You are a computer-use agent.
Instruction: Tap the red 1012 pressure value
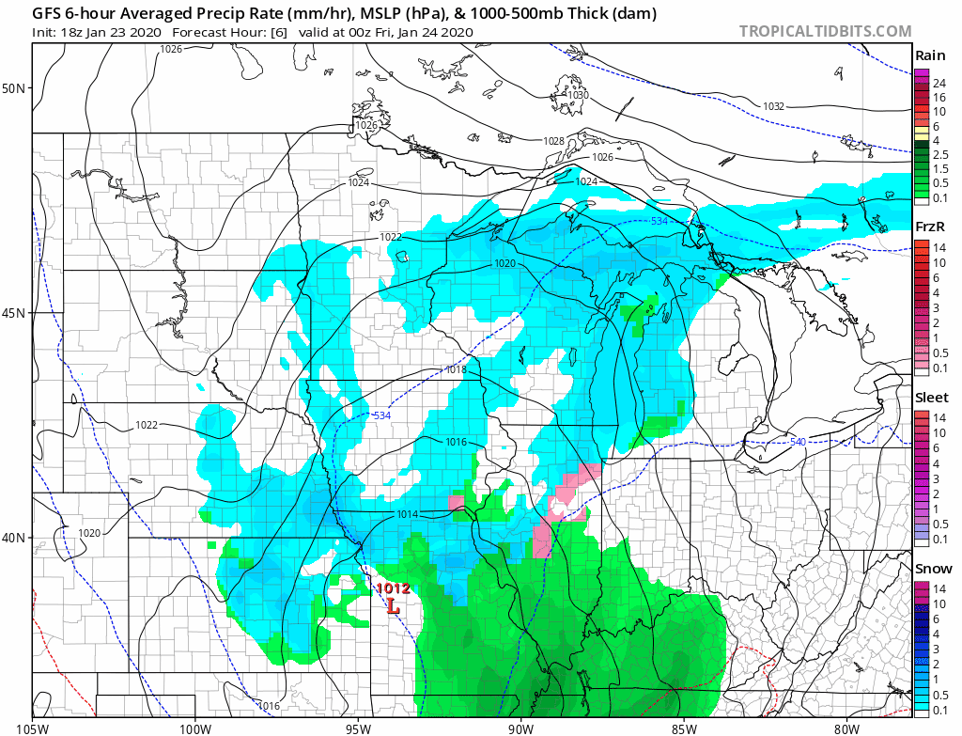[x=393, y=589]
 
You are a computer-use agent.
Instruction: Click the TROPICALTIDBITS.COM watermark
[x=825, y=31]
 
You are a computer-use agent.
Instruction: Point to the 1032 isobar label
[x=773, y=106]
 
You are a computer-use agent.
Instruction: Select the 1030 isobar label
[x=578, y=96]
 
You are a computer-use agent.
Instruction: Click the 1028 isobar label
[x=554, y=141]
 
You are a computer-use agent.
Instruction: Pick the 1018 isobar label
[x=457, y=370]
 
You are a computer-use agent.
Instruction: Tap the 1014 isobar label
[x=408, y=514]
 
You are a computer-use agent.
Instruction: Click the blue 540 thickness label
[x=798, y=442]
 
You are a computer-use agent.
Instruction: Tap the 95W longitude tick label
[x=358, y=728]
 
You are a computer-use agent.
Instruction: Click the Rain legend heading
[x=929, y=55]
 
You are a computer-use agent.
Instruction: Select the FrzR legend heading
[x=930, y=227]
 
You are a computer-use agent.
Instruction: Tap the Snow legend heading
[x=933, y=569]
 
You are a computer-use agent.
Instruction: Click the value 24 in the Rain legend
[x=939, y=84]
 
